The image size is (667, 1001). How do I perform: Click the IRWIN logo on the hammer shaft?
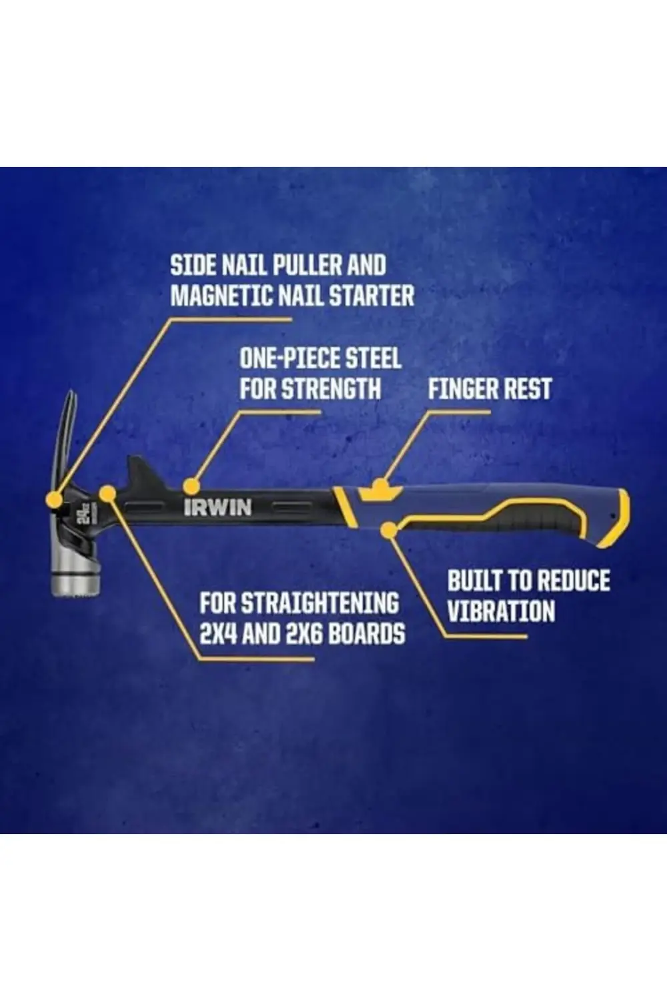pos(217,507)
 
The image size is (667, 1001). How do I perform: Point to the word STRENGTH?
pos(332,388)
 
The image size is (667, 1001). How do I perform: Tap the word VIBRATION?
pos(502,611)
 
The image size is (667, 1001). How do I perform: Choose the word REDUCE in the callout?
pos(573,581)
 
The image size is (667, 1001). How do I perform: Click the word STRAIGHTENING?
pos(319,603)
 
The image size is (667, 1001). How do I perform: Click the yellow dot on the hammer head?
pos(55,498)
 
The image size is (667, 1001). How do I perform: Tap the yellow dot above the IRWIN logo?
pos(191,486)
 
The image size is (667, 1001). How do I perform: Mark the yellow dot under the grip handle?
pos(389,531)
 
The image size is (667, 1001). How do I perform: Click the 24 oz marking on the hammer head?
pos(87,509)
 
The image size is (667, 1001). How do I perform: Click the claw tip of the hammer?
pos(71,392)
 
